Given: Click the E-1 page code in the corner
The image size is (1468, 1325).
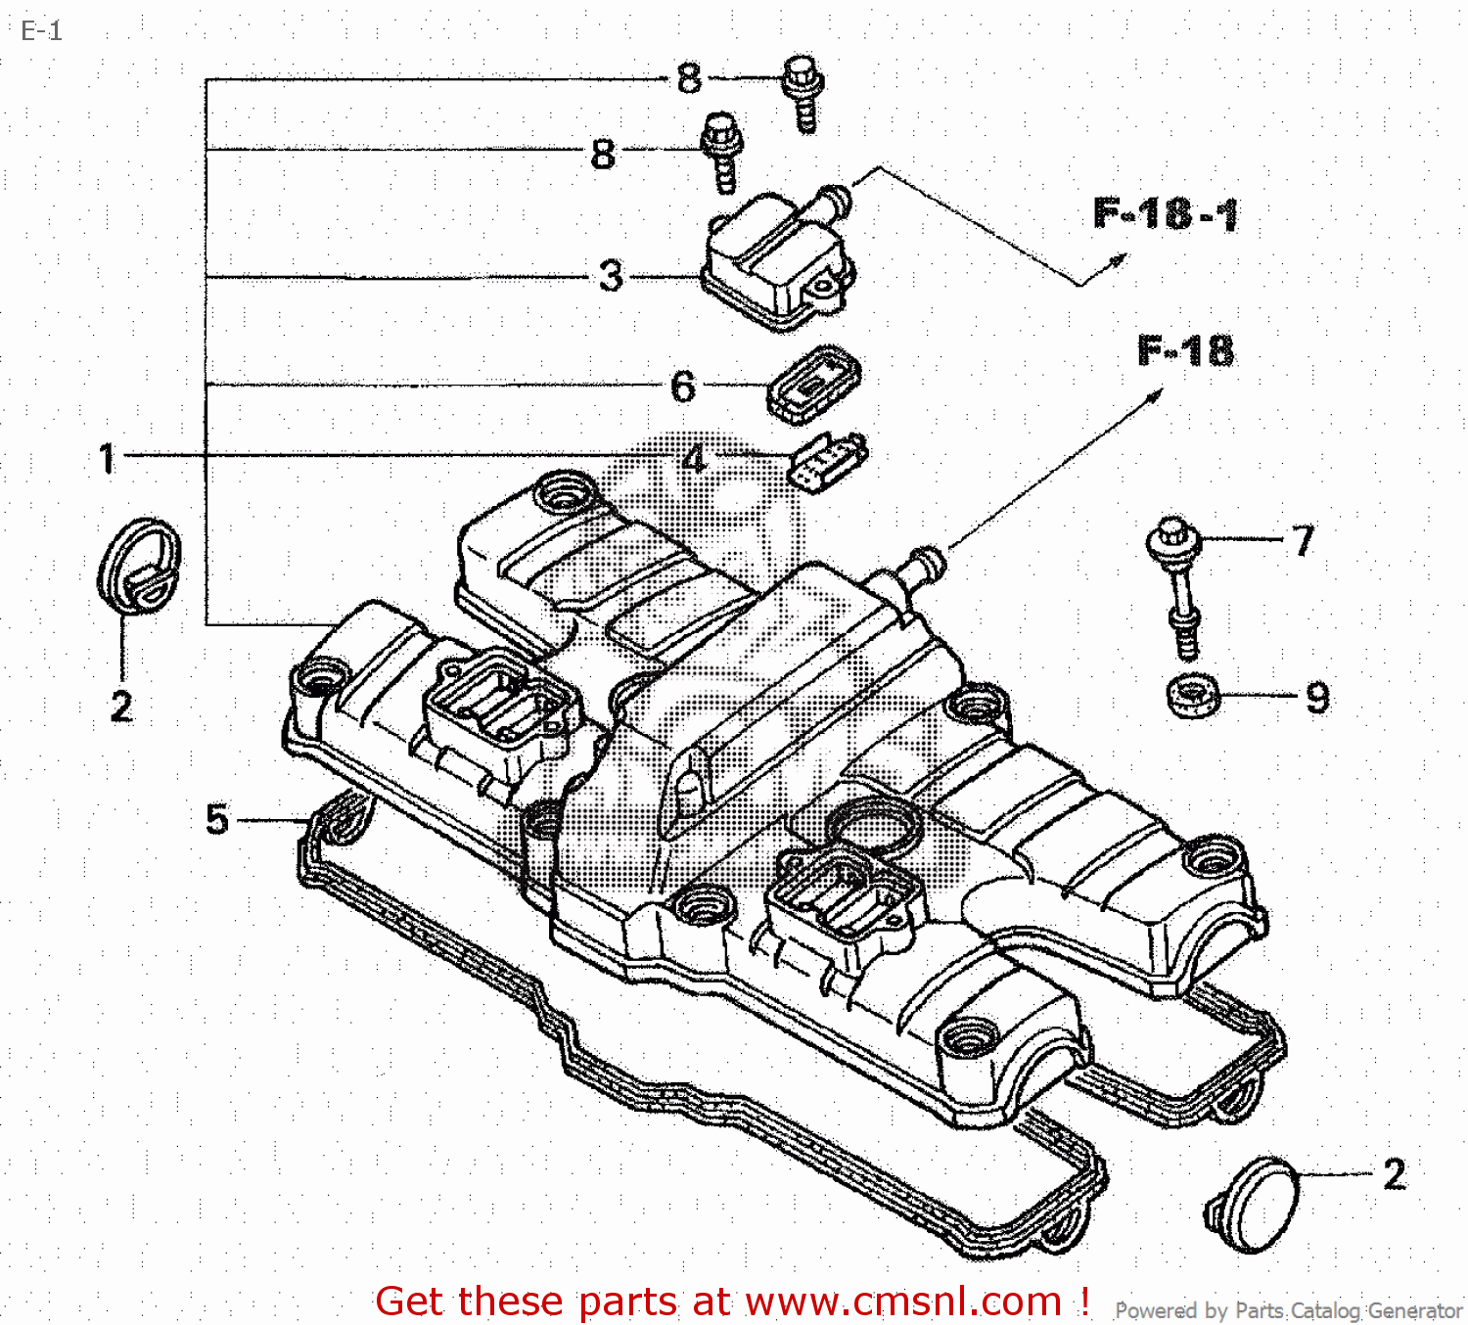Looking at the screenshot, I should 41,31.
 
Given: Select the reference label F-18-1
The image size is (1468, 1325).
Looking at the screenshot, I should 1165,213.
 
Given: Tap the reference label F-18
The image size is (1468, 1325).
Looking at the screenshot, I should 1185,350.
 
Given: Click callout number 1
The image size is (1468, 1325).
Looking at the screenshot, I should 107,458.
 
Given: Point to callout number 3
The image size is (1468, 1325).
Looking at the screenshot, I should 611,276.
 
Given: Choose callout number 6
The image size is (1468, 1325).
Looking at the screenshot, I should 683,386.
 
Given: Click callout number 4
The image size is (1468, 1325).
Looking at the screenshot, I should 695,458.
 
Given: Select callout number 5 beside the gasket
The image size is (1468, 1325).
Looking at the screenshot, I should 216,819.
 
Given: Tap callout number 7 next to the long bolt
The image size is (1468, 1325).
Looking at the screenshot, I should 1303,539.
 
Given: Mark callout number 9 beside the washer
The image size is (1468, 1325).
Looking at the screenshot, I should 1317,698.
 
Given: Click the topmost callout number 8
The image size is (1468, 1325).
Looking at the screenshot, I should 689,78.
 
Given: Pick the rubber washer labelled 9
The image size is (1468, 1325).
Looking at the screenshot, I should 1193,696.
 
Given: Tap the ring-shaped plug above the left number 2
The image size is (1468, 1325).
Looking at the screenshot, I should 140,566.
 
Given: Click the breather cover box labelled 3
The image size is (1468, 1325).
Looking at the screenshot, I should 775,259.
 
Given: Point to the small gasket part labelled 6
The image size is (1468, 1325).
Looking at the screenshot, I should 814,384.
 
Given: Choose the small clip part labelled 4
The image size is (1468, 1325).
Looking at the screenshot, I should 828,461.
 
